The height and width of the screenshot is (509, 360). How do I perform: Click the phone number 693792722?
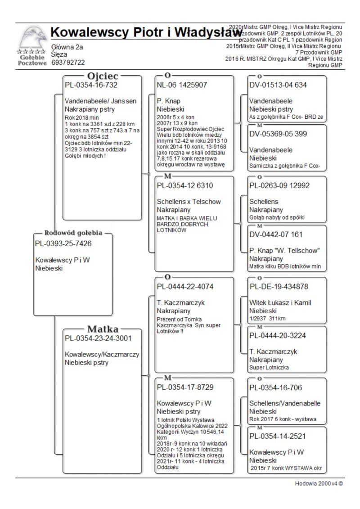tap(68, 62)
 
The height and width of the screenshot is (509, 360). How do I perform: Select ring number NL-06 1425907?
tap(182, 85)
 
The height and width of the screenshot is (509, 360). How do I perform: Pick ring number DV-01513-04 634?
tap(278, 85)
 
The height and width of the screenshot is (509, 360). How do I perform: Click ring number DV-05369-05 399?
tap(278, 134)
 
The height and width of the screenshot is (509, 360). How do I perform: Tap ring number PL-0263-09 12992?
tap(279, 185)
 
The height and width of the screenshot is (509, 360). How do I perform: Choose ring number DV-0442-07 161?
tap(275, 234)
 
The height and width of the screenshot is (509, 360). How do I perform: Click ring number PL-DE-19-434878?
tap(279, 287)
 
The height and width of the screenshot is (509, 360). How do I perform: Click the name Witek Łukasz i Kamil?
tap(280, 303)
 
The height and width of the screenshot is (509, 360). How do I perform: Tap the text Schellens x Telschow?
tap(189, 202)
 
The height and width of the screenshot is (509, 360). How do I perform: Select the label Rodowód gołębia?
tap(73, 233)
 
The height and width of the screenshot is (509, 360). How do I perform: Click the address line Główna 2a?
tap(67, 47)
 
